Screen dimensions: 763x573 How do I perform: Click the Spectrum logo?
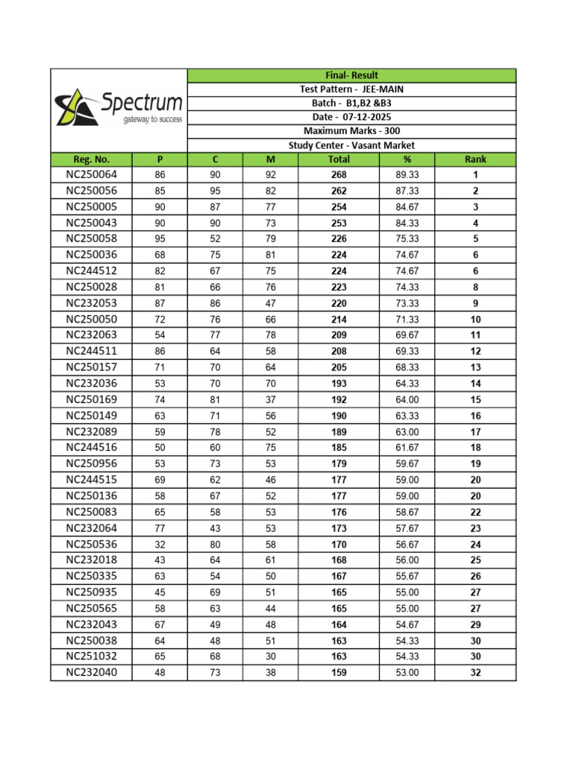[x=119, y=109]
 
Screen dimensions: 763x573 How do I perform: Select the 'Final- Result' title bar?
[x=351, y=75]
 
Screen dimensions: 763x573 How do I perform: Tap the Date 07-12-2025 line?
[x=351, y=118]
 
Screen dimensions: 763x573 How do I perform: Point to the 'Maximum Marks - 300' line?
[x=351, y=131]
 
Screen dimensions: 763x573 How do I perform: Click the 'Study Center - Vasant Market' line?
[x=351, y=145]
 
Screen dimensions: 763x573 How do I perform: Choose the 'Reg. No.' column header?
[x=91, y=159]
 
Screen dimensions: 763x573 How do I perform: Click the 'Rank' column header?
[x=475, y=159]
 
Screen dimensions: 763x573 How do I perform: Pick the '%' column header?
[x=407, y=159]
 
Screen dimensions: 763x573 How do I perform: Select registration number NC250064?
[x=91, y=175]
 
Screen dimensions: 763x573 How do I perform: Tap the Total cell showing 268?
[x=339, y=175]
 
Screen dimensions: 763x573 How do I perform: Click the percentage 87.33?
[x=407, y=191]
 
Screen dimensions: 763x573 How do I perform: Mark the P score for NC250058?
[x=160, y=239]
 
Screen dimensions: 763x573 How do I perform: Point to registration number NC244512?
[x=91, y=271]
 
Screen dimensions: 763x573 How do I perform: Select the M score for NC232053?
[x=271, y=303]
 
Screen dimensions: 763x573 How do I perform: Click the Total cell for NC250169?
[x=339, y=399]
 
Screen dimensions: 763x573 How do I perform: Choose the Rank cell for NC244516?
[x=475, y=448]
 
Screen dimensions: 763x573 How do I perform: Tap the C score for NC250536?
[x=215, y=544]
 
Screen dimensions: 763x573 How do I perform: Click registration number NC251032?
[x=91, y=656]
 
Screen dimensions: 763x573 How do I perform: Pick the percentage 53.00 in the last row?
[x=407, y=673]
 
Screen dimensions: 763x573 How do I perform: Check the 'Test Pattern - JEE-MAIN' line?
[x=351, y=89]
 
